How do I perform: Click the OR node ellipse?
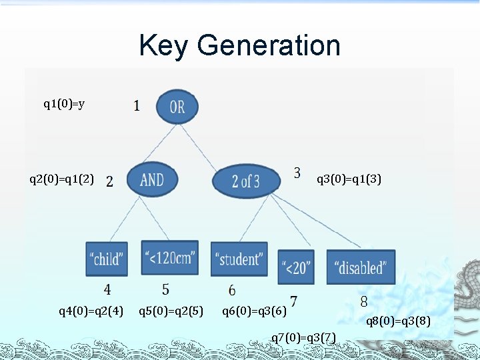point(177,107)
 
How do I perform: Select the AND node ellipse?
point(152,179)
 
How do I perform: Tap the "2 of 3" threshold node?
point(245,181)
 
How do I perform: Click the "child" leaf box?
point(107,259)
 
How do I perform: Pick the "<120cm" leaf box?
point(170,257)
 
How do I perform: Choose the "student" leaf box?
point(239,259)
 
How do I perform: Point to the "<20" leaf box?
point(297,268)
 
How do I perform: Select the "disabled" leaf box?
point(361,267)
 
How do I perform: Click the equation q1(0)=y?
point(64,103)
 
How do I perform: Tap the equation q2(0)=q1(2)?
point(62,179)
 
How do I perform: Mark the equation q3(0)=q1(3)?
point(349,179)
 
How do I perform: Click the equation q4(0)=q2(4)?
point(91,310)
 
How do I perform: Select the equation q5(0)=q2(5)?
point(171,310)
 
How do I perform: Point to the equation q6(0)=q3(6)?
point(254,310)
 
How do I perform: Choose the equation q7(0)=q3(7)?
point(303,336)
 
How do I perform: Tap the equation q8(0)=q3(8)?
point(399,321)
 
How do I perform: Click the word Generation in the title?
point(269,45)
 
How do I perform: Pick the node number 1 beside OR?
point(137,105)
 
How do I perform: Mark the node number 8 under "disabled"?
point(363,301)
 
